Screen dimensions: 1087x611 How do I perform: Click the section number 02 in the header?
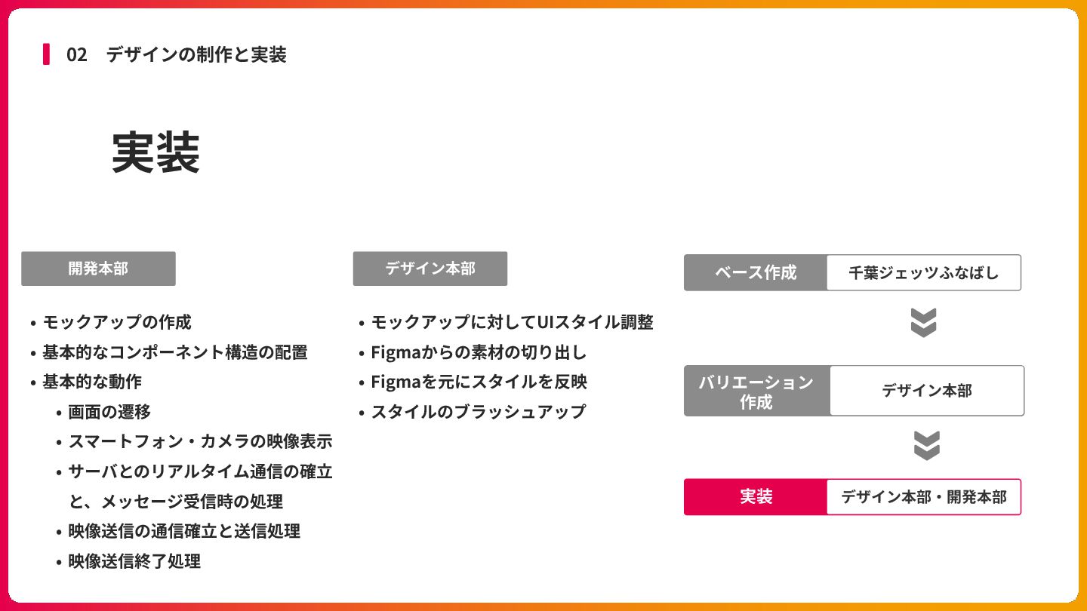[76, 55]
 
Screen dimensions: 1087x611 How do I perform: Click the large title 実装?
[156, 153]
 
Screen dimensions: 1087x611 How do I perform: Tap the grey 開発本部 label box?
[98, 269]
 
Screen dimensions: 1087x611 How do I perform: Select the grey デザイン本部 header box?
[430, 269]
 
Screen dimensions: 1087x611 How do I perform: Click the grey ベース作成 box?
[756, 272]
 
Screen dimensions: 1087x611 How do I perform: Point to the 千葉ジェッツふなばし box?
[923, 272]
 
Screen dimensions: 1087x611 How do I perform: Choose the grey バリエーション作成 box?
[756, 391]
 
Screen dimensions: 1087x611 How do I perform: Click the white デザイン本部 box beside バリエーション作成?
[927, 391]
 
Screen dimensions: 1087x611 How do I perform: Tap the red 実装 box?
[756, 497]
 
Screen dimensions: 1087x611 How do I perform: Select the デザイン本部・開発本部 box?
[923, 497]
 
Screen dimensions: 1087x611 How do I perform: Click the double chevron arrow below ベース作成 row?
[923, 322]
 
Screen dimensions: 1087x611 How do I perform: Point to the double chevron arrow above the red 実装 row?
[926, 445]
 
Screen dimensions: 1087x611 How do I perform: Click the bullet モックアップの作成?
[117, 322]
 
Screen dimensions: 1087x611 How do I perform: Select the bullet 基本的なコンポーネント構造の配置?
[174, 352]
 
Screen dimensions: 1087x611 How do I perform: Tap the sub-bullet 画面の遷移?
[109, 412]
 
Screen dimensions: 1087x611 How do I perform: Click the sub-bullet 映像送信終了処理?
[134, 561]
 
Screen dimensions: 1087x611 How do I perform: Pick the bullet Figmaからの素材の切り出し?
[479, 352]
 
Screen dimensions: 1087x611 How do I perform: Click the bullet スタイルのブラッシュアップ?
[478, 412]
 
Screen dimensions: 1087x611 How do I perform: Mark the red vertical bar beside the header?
[46, 54]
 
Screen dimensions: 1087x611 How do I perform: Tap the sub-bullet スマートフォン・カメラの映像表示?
[200, 441]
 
